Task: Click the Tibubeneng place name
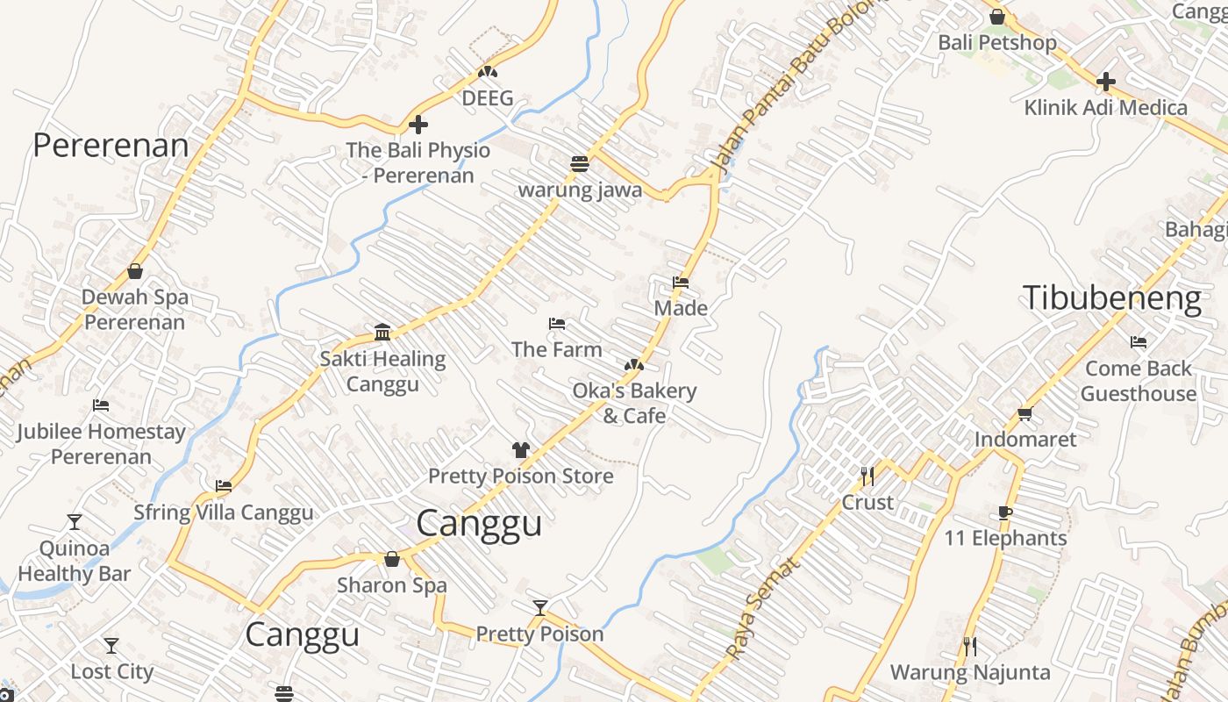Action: pyautogui.click(x=1112, y=298)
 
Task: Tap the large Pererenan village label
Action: pyautogui.click(x=111, y=146)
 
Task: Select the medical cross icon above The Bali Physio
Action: pyautogui.click(x=418, y=125)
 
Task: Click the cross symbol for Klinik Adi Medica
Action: pyautogui.click(x=1106, y=82)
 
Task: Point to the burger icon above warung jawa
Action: pyautogui.click(x=579, y=164)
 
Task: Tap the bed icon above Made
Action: pyautogui.click(x=680, y=283)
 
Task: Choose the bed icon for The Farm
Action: pyautogui.click(x=556, y=324)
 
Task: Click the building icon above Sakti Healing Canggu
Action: pyautogui.click(x=382, y=333)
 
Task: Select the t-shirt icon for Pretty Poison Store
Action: pyautogui.click(x=521, y=450)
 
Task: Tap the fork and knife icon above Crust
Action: pyautogui.click(x=867, y=476)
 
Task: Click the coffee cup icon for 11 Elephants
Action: pyautogui.click(x=1005, y=512)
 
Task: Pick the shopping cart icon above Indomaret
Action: pyautogui.click(x=1025, y=413)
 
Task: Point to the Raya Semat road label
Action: pyautogui.click(x=762, y=608)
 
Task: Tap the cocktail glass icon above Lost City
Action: pyautogui.click(x=111, y=646)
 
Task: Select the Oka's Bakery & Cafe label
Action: pyautogui.click(x=634, y=403)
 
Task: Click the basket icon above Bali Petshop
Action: pyautogui.click(x=996, y=17)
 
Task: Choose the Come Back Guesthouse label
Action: pyautogui.click(x=1138, y=381)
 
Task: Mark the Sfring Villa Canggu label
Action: pyautogui.click(x=223, y=512)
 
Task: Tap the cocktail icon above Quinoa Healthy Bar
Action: pyautogui.click(x=75, y=522)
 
